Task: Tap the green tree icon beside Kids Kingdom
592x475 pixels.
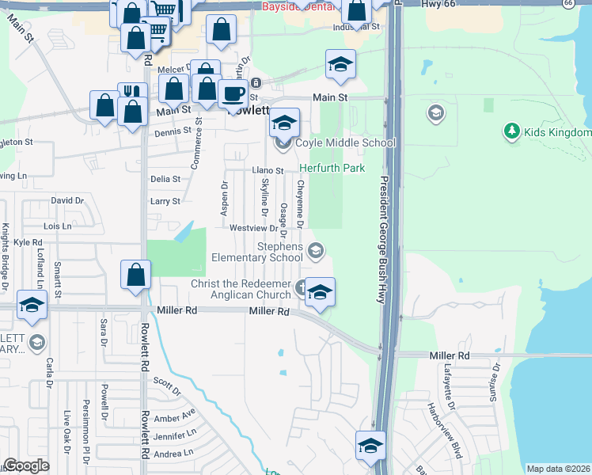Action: [511, 131]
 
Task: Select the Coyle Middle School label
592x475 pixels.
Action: [345, 143]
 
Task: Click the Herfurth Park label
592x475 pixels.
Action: [332, 168]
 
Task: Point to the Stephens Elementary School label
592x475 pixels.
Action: [257, 252]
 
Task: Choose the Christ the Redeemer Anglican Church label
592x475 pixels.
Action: [241, 290]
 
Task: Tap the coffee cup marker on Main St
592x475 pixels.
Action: [232, 94]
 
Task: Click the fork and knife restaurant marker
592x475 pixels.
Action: [131, 92]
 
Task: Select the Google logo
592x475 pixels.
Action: [27, 465]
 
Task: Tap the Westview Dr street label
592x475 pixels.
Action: [252, 228]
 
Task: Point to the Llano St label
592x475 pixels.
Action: [268, 170]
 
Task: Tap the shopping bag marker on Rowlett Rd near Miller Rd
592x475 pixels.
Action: [135, 275]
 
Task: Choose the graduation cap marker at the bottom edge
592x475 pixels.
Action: [370, 446]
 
